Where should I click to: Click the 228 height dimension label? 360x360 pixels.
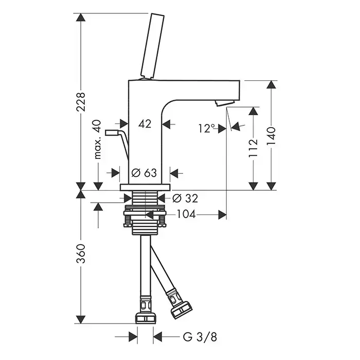click(x=81, y=102)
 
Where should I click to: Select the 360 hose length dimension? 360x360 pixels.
click(x=81, y=254)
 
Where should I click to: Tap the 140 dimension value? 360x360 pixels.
click(x=271, y=136)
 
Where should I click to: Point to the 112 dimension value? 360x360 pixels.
click(x=253, y=148)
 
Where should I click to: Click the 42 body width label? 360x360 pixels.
click(x=145, y=124)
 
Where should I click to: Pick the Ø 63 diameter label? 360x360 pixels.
click(x=144, y=173)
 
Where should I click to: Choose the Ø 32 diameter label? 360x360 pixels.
click(x=185, y=199)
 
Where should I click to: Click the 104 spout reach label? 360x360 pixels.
click(x=186, y=214)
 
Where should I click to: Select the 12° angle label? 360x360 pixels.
click(x=207, y=128)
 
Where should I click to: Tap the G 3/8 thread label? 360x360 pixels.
click(x=200, y=337)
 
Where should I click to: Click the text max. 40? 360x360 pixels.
click(x=98, y=139)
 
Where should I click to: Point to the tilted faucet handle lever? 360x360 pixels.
click(x=152, y=46)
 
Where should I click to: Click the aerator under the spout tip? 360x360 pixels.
click(x=225, y=103)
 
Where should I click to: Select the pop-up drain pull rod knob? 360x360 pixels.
click(x=112, y=133)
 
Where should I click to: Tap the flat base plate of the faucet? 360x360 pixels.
click(x=145, y=187)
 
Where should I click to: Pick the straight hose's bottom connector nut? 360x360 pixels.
click(x=146, y=318)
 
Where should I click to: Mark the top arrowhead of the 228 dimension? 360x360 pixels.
click(x=81, y=17)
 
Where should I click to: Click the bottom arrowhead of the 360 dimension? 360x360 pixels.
click(x=81, y=319)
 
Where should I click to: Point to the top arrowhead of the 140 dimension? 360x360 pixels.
click(x=271, y=84)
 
